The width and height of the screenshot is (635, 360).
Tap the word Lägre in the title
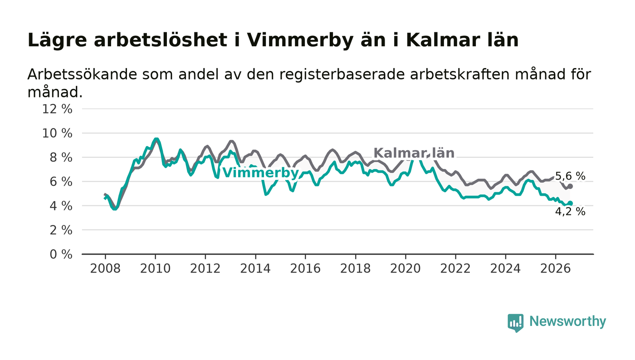[57, 40]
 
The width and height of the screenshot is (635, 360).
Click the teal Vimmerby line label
[260, 173]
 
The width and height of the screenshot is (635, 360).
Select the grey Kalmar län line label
[414, 153]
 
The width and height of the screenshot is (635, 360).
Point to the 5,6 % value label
[570, 176]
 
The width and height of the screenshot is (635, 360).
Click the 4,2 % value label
[570, 211]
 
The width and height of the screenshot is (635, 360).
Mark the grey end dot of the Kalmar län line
[571, 186]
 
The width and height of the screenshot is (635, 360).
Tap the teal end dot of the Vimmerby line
[571, 203]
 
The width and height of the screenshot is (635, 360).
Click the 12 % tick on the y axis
[57, 109]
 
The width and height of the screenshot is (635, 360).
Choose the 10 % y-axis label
[57, 133]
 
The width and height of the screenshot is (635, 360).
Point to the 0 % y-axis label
[61, 254]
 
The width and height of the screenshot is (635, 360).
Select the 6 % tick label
[61, 182]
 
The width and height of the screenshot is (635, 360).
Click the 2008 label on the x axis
[105, 269]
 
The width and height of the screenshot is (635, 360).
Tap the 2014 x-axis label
[255, 269]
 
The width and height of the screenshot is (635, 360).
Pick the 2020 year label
[405, 269]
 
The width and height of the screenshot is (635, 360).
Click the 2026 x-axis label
[555, 269]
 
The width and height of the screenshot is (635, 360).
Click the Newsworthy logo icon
[515, 323]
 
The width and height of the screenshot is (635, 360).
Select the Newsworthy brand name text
[567, 321]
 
